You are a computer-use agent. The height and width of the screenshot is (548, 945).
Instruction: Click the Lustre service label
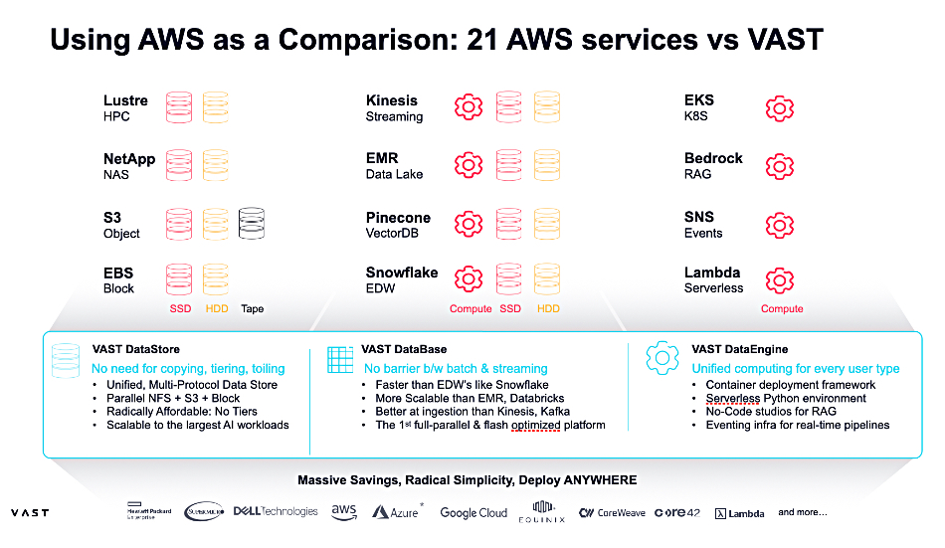pos(125,100)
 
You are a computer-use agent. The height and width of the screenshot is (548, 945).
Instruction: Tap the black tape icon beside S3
pos(252,223)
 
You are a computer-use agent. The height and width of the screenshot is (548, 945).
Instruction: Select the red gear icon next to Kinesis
pos(469,107)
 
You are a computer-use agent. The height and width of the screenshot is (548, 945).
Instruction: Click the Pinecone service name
pos(398,218)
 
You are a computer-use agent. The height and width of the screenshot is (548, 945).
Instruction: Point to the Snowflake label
pos(402,273)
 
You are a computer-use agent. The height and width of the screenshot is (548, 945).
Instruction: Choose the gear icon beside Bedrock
pos(779,166)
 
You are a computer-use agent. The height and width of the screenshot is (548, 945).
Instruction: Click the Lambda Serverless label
pos(712,273)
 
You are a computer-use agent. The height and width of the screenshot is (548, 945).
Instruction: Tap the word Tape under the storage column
pos(252,309)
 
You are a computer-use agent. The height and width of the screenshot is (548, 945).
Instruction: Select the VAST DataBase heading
pos(404,349)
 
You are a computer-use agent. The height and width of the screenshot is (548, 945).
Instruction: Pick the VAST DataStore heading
pos(135,349)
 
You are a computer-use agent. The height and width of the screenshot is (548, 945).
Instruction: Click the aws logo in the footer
pos(344,511)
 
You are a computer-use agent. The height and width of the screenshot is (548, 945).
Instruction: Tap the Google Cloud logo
pos(473,513)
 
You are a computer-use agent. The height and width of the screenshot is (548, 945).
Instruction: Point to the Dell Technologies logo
pos(276,511)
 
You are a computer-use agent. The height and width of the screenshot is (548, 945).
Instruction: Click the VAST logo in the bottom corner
pos(30,513)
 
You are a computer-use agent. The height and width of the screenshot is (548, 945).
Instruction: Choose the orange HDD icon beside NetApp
pos(216,165)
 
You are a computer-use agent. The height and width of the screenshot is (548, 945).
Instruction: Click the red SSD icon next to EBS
pos(179,279)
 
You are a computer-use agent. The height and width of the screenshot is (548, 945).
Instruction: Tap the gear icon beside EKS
pos(779,107)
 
